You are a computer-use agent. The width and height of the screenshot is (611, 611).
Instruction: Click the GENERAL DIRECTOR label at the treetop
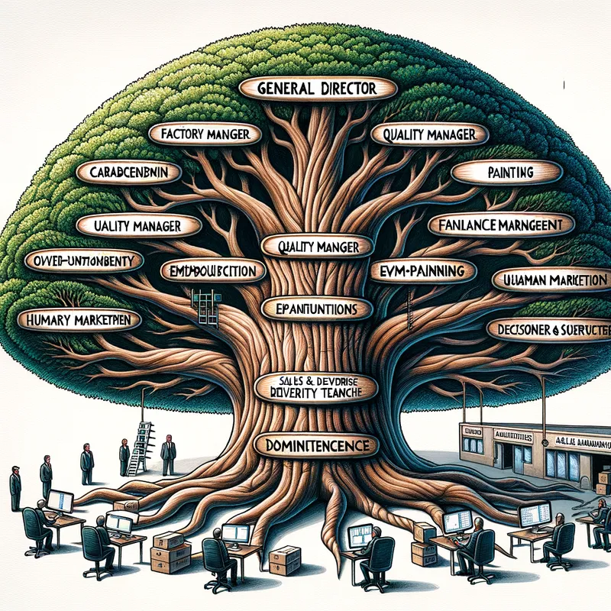click(x=317, y=89)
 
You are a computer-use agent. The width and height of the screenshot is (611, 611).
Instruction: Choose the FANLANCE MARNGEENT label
click(x=500, y=225)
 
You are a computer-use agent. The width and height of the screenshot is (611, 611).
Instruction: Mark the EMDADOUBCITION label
click(x=213, y=270)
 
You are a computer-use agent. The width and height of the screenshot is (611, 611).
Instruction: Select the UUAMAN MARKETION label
click(x=551, y=280)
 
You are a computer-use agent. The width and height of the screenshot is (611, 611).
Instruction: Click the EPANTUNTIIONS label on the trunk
click(x=315, y=309)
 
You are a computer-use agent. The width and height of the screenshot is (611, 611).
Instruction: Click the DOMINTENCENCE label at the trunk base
click(x=315, y=444)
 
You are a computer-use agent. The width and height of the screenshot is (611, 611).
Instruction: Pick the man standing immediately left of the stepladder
click(x=124, y=457)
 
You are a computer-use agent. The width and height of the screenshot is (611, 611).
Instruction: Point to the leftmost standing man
click(x=15, y=487)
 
